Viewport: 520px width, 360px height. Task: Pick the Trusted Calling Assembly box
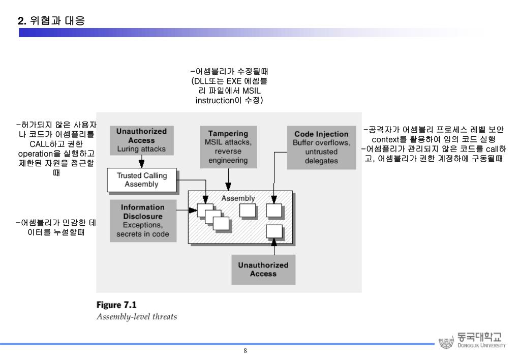142,180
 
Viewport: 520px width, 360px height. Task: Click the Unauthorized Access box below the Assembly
263,269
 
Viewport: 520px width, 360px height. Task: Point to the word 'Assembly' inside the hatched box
238,198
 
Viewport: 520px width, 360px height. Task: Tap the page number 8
246,351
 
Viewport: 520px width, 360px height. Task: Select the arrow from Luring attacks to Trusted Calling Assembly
142,162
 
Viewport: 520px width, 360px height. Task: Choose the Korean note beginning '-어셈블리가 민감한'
56,227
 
